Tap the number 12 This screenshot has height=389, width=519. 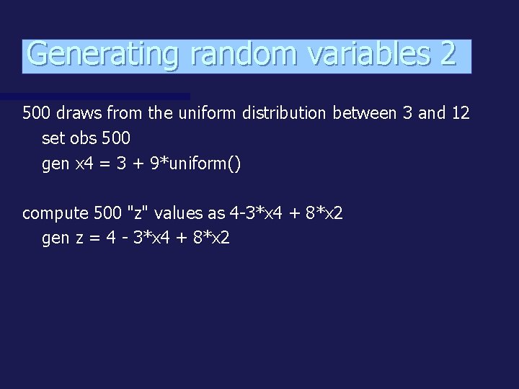click(x=459, y=113)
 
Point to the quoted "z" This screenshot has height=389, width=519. click(x=134, y=213)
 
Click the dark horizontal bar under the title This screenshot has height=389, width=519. click(x=94, y=96)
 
